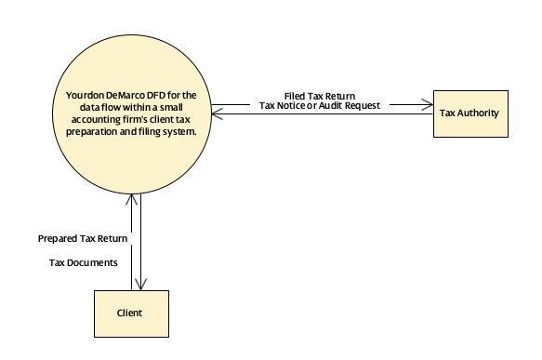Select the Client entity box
pyautogui.click(x=130, y=313)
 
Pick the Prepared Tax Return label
pyautogui.click(x=84, y=239)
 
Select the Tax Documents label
pyautogui.click(x=84, y=262)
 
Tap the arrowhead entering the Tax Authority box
pyautogui.click(x=430, y=101)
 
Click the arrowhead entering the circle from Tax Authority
pyautogui.click(x=216, y=113)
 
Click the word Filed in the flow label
pyautogui.click(x=296, y=96)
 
